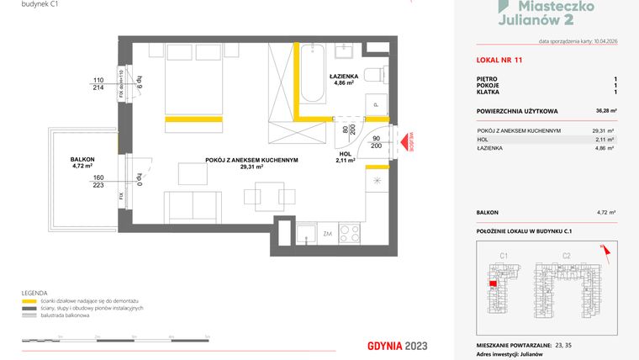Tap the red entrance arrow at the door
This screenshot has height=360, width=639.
click(x=400, y=145)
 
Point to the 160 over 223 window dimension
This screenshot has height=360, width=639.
click(x=98, y=182)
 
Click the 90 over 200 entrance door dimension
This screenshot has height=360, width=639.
click(x=377, y=141)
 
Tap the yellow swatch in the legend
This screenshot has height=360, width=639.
click(x=29, y=300)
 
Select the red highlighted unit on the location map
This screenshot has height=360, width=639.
click(x=492, y=283)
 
